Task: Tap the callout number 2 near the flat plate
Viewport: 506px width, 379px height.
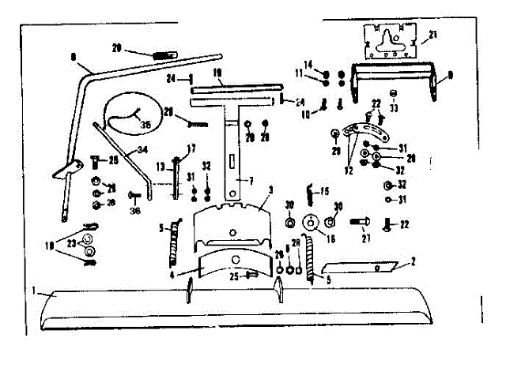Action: [413, 260]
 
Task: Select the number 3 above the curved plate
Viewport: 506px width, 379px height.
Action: [270, 190]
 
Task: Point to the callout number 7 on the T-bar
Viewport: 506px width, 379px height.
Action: [251, 181]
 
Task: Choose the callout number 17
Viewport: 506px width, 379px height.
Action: [191, 148]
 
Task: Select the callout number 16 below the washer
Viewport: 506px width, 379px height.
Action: [330, 238]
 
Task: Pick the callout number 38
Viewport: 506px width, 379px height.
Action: [136, 212]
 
